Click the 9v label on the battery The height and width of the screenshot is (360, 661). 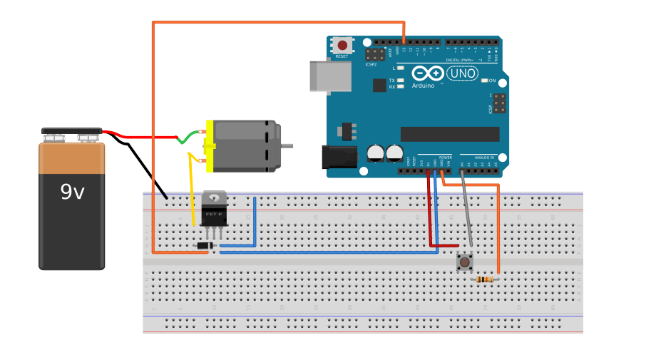tap(72, 192)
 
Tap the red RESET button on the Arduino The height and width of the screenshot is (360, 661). tap(342, 46)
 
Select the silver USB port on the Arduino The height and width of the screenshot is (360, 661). tap(330, 76)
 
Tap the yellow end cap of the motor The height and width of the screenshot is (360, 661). tap(209, 146)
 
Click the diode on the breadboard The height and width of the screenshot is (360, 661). tap(205, 246)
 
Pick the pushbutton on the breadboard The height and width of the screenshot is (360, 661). tap(465, 262)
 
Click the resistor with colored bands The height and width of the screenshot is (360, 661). tap(486, 279)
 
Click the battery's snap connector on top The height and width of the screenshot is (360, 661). tap(71, 133)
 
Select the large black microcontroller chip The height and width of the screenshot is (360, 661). tap(449, 134)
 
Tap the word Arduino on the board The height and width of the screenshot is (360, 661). tap(422, 86)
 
